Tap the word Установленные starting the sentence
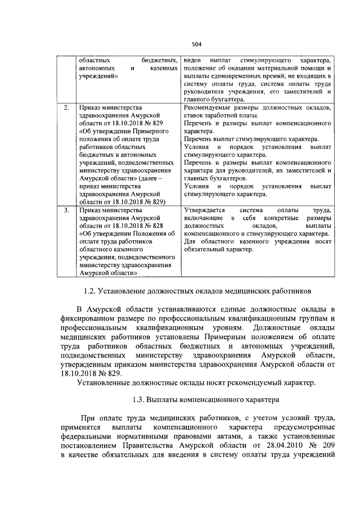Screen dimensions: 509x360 [x=107, y=383]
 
